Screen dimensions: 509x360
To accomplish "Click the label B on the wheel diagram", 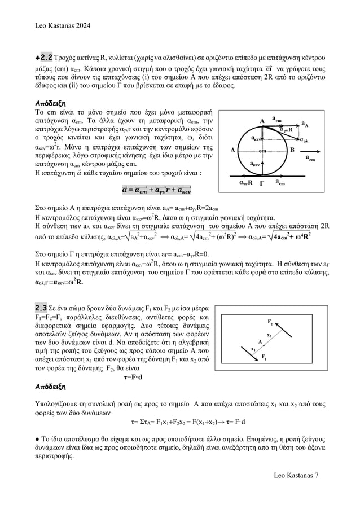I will point(292,150).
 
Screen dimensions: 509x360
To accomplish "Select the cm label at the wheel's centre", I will point(262,151).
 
